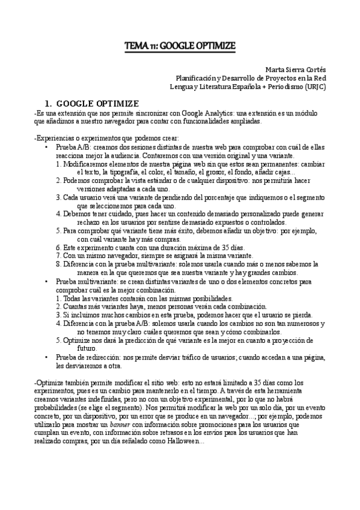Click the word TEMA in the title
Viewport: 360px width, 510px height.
(x=133, y=46)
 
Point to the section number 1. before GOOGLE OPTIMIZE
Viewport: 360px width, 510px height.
(x=50, y=104)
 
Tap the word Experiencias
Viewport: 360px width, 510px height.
(x=55, y=138)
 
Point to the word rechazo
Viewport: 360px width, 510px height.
(x=90, y=222)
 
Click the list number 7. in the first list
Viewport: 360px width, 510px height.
(x=58, y=256)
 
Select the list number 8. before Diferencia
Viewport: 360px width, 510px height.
(x=58, y=264)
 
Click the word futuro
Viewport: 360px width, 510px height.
(x=87, y=348)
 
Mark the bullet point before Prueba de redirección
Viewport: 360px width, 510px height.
(x=48, y=357)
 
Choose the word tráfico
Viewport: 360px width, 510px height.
(x=200, y=357)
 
